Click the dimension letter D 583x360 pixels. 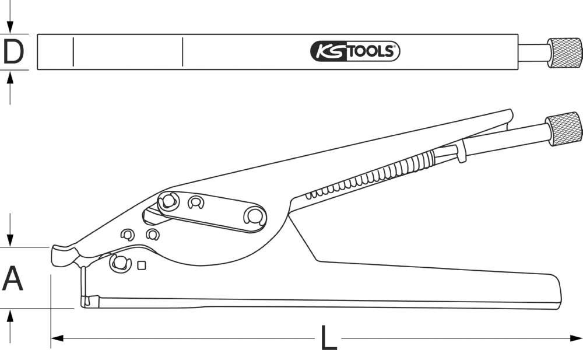tap(13, 52)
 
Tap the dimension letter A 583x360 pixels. tap(13, 278)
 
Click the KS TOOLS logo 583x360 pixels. tap(354, 52)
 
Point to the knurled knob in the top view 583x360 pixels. tap(564, 52)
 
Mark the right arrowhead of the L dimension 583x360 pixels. tap(577, 337)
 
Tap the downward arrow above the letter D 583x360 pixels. tap(10, 28)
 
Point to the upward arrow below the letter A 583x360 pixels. tap(10, 315)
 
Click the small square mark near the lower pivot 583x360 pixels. tap(141, 266)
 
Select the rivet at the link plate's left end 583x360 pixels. tap(168, 201)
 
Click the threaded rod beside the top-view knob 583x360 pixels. tap(532, 52)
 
